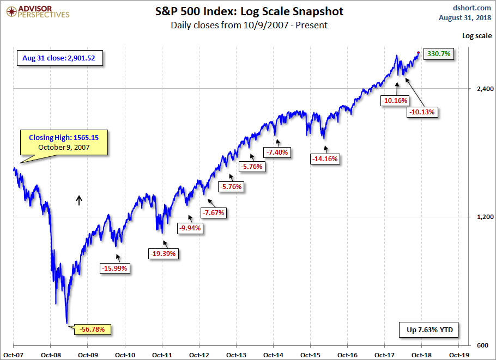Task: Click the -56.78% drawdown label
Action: click(x=95, y=329)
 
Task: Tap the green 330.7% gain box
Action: click(x=439, y=54)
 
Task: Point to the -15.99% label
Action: click(x=116, y=268)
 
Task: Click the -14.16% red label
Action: click(x=325, y=159)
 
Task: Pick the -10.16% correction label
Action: click(x=395, y=101)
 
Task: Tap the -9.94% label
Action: click(x=190, y=229)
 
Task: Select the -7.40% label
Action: click(x=278, y=152)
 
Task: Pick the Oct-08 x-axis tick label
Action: click(x=50, y=354)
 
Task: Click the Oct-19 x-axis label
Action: click(x=458, y=354)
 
